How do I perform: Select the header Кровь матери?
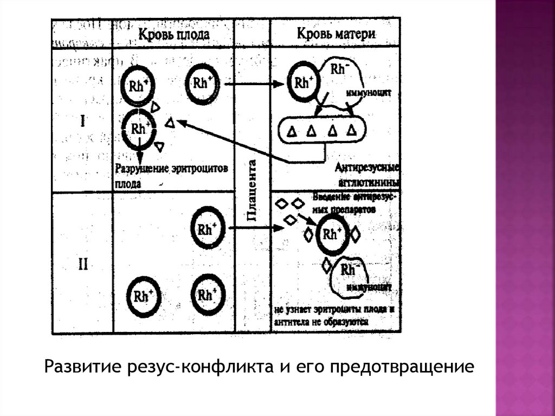[x=337, y=33]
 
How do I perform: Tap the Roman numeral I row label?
[x=82, y=120]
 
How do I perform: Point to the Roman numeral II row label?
[x=82, y=266]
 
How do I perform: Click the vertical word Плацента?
[x=252, y=190]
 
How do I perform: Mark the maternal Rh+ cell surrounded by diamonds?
[x=332, y=234]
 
